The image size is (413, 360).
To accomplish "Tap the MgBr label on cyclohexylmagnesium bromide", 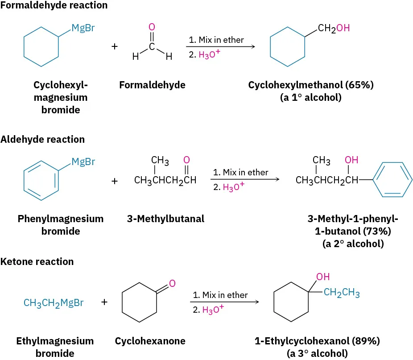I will click(x=83, y=30).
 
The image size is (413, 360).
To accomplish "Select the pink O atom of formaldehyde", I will click(x=152, y=27).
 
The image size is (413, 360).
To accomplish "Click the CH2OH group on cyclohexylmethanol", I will click(x=334, y=29).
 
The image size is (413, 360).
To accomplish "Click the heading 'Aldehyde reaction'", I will click(x=42, y=139).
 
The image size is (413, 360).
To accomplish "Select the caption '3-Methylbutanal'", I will click(x=165, y=219).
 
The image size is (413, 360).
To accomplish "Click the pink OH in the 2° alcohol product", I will click(x=351, y=160).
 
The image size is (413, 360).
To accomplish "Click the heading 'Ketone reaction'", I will click(x=37, y=261).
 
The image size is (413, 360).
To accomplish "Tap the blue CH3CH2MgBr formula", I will click(x=54, y=303).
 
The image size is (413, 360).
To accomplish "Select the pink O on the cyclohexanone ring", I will click(x=172, y=283).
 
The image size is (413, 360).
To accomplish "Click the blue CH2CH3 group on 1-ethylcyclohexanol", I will click(x=342, y=293).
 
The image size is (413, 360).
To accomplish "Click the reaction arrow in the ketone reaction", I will click(x=225, y=302).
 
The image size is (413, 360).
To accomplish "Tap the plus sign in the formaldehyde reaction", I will click(x=115, y=46).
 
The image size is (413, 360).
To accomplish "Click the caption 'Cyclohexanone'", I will click(x=150, y=341).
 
